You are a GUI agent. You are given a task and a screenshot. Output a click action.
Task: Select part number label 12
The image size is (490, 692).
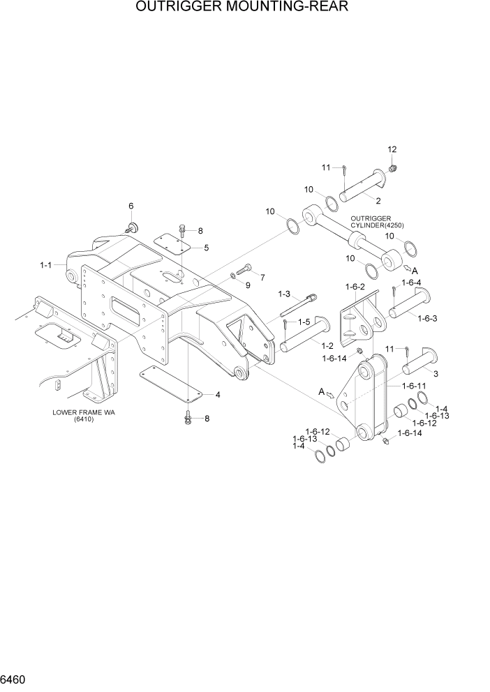[392, 149]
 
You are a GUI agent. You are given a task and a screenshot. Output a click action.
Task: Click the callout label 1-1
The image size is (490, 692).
[46, 265]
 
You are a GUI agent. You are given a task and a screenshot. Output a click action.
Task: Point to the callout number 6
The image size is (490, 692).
[131, 206]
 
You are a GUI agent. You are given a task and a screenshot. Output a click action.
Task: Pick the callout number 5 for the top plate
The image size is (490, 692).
[206, 248]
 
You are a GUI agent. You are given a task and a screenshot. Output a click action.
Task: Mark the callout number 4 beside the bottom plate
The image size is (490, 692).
[218, 395]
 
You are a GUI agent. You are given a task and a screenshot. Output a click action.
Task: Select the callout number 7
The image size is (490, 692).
[262, 278]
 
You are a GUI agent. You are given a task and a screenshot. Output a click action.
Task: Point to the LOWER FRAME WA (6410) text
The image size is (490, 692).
[83, 416]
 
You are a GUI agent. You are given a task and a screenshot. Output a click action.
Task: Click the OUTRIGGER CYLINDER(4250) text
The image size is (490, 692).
[377, 221]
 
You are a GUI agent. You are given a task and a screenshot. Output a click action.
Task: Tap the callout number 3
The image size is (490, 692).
[436, 375]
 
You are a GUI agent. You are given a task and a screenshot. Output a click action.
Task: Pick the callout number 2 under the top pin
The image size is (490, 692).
[378, 201]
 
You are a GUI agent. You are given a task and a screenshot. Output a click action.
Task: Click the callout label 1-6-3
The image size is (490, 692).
[426, 318]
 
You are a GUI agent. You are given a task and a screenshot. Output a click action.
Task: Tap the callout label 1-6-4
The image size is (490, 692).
[412, 283]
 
